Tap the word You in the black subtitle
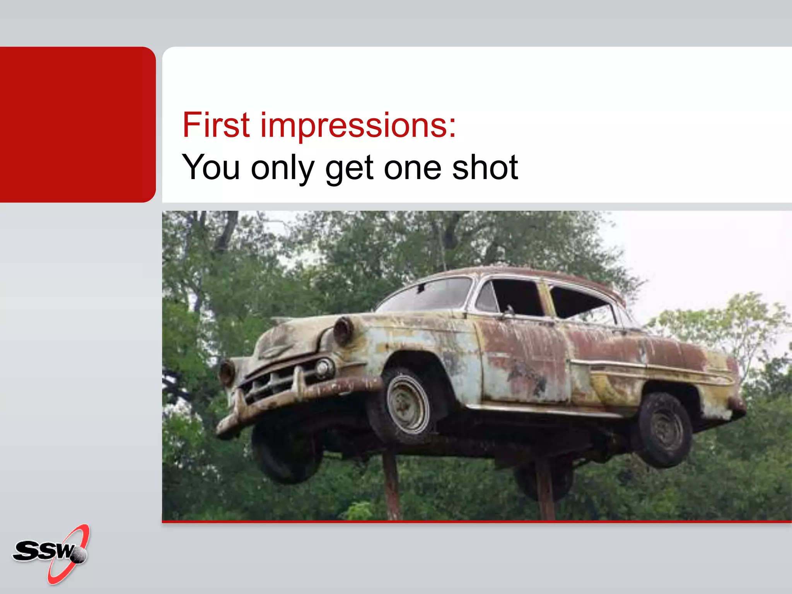tap(211, 167)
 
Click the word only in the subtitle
tap(282, 168)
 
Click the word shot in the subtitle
tap(485, 167)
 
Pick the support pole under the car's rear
tap(545, 491)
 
